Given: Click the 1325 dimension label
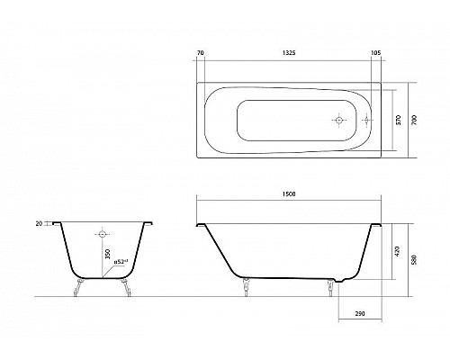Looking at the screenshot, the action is [x=289, y=53].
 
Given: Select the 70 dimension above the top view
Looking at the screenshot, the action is [x=201, y=53].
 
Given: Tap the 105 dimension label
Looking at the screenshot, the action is [x=375, y=53].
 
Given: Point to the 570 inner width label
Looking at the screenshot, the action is [x=399, y=120].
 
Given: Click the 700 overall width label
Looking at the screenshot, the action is [x=415, y=120].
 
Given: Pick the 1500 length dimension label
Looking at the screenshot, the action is [x=289, y=194].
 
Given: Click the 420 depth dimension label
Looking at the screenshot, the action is [x=398, y=251].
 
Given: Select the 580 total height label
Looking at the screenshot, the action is [x=415, y=260].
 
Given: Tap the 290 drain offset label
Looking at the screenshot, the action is [x=360, y=314].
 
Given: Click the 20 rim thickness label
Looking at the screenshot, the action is [x=39, y=223].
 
